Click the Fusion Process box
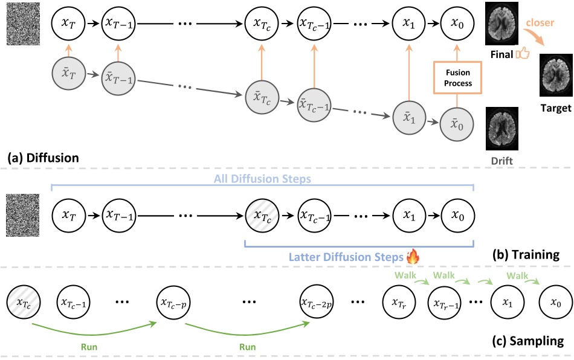(x=457, y=77)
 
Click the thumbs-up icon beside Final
(x=523, y=55)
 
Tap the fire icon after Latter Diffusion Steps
(x=413, y=257)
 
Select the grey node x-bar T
(x=69, y=74)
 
